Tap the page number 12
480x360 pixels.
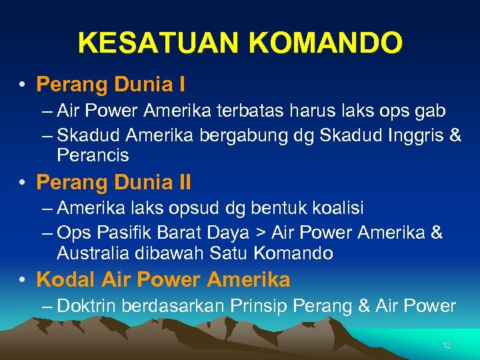pyautogui.click(x=447, y=345)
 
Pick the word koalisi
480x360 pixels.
pyautogui.click(x=339, y=208)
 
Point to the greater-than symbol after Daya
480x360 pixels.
pyautogui.click(x=258, y=233)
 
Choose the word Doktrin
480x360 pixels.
pyautogui.click(x=83, y=306)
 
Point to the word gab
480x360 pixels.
pyautogui.click(x=427, y=111)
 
